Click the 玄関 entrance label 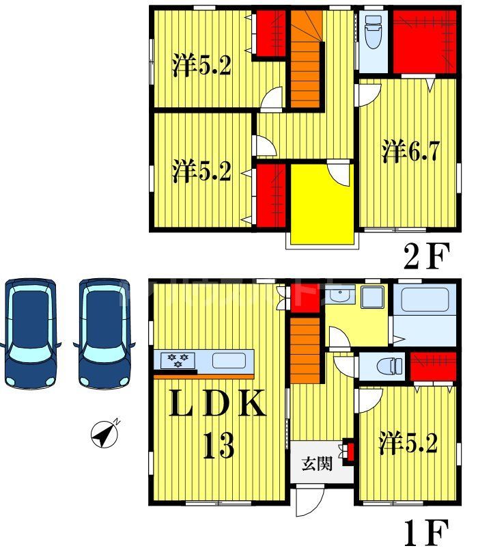click(318, 465)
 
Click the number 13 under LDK click(218, 447)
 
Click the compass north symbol click(104, 433)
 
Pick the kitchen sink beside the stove click(227, 360)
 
